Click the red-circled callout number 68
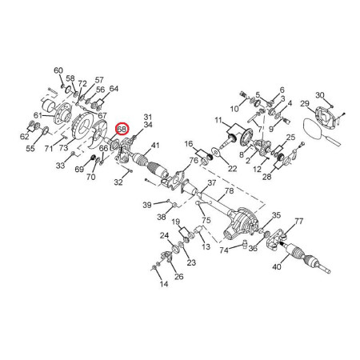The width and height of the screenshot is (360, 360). click(122, 130)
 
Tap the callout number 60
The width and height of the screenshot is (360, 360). click(58, 70)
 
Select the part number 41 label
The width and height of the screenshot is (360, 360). click(155, 146)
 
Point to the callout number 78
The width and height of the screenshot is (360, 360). click(229, 191)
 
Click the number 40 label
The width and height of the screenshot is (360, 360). click(277, 266)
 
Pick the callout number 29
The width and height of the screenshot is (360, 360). click(305, 103)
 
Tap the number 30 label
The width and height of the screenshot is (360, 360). click(320, 95)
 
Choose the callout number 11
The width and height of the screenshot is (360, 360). click(218, 121)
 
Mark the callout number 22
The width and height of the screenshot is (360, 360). click(232, 169)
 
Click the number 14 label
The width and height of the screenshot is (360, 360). click(164, 284)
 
